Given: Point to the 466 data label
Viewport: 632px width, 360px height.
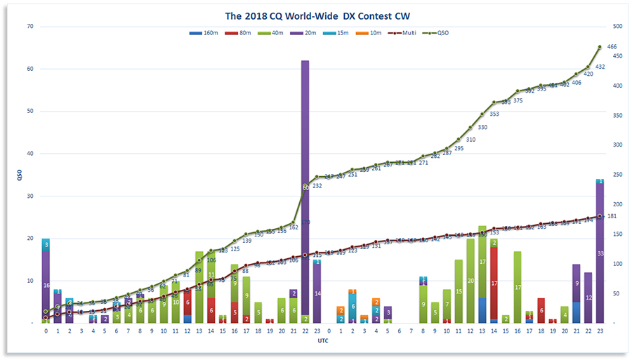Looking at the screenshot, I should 612,46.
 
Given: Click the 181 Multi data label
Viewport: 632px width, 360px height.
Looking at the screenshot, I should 612,216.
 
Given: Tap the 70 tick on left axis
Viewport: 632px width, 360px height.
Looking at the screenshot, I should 30,27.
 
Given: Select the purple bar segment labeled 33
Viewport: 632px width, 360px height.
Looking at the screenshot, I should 600,253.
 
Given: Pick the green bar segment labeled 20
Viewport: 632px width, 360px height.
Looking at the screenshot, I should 470,280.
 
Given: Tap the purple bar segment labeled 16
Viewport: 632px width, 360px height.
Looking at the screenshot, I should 46,285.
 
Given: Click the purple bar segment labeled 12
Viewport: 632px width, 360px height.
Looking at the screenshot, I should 588,298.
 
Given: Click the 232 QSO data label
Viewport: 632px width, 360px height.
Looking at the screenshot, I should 317,186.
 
